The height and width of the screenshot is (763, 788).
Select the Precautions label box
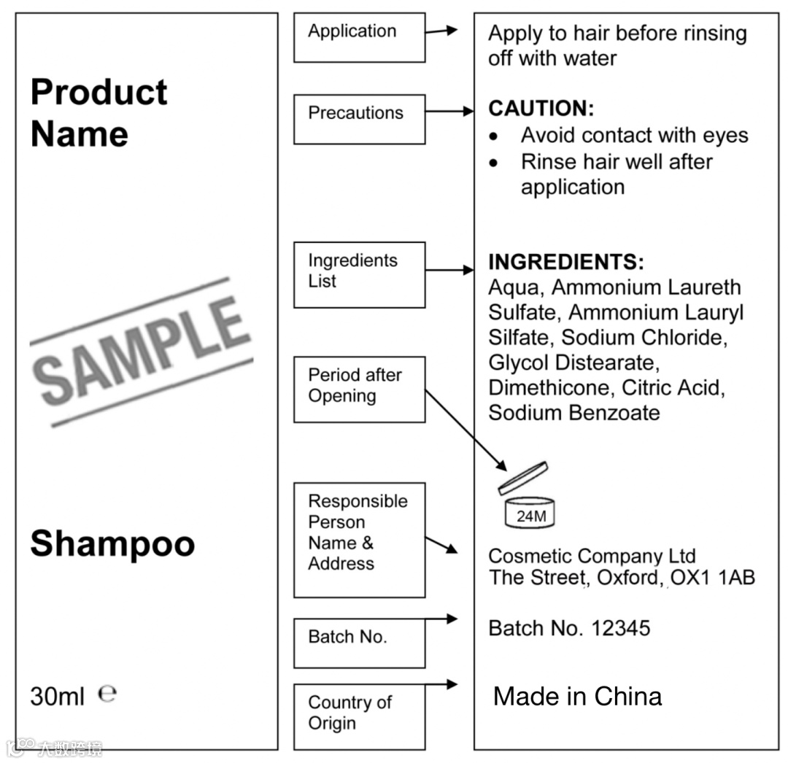[x=359, y=118]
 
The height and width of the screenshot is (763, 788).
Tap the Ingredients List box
[x=359, y=274]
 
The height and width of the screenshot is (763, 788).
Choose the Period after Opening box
[x=359, y=389]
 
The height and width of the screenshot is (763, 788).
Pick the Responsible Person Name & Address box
[x=359, y=539]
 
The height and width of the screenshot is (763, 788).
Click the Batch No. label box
[x=359, y=643]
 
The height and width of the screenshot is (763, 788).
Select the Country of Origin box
[x=359, y=716]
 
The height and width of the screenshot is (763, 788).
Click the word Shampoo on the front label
[x=112, y=544]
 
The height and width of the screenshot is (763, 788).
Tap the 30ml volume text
[x=58, y=696]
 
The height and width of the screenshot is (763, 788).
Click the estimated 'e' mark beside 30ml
[x=107, y=693]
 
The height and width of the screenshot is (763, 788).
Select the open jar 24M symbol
[x=528, y=497]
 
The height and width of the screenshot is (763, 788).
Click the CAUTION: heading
[x=541, y=109]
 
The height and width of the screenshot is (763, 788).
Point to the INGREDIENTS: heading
[x=565, y=263]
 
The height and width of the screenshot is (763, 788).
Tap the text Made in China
[x=577, y=696]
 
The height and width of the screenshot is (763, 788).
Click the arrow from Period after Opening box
[x=466, y=430]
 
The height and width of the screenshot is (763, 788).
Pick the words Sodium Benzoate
[x=573, y=413]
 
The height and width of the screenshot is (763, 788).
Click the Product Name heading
[x=99, y=113]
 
